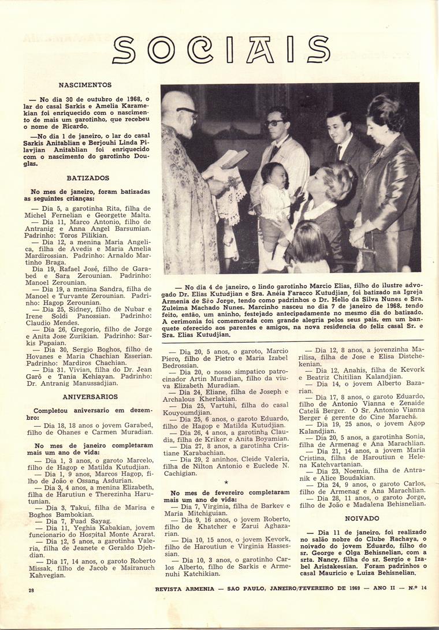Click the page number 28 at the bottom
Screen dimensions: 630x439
pos(31,590)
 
